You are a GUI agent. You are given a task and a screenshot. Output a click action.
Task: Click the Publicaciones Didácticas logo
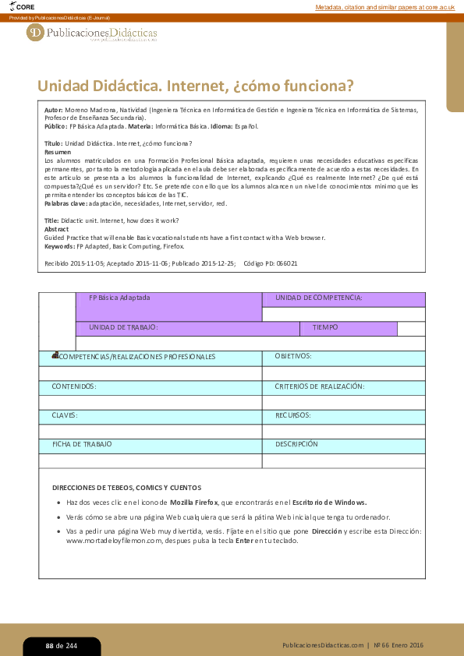point(92,33)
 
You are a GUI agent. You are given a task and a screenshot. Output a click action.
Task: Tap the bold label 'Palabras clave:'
point(66,203)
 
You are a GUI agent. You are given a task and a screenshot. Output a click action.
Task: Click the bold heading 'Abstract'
point(57,230)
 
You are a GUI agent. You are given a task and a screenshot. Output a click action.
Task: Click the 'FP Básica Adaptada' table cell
point(119,298)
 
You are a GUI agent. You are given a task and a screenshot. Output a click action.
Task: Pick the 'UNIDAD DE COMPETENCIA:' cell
point(318,298)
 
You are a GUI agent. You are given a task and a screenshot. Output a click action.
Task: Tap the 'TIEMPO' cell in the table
point(325,328)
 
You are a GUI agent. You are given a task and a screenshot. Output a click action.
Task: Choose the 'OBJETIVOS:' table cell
point(293,356)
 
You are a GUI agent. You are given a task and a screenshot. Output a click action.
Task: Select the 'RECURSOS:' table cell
point(293,415)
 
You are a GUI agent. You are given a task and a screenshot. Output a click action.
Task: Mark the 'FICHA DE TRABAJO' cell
point(82,444)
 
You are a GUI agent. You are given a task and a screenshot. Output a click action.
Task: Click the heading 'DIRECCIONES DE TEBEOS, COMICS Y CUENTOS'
point(126,488)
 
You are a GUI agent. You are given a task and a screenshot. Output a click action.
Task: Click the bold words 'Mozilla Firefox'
point(193,503)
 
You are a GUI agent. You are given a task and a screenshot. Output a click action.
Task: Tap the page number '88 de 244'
point(61,646)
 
